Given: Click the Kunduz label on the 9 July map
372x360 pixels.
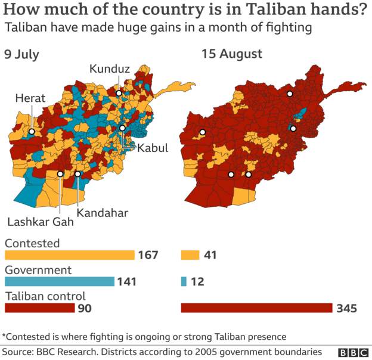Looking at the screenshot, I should coord(110,70).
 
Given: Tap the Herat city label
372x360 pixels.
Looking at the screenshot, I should coord(30,98).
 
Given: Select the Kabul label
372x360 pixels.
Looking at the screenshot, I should coord(153,148).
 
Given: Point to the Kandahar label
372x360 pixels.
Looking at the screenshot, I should coord(103,212).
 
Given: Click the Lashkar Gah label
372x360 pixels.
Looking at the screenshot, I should coord(41,222).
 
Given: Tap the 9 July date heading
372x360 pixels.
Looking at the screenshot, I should coord(22,54).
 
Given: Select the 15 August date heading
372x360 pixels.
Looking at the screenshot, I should coord(232,54).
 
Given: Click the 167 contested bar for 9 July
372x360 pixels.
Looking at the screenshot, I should coord(69,255).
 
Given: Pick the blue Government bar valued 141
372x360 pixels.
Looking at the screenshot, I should coord(59,281).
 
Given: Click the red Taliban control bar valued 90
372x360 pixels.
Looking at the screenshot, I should coord(39,308).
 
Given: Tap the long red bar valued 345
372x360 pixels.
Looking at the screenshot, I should coord(256,308).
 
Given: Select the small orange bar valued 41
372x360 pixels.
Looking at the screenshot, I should coord(189,255).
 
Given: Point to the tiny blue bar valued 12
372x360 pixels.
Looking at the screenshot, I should coord(184,281).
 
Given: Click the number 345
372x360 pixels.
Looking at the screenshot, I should coord(346,308).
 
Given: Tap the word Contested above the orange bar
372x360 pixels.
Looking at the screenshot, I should coord(32,243).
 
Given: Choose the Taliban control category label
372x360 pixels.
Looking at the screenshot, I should coord(45,296).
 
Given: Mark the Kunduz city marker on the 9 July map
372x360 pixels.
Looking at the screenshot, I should coord(119,94).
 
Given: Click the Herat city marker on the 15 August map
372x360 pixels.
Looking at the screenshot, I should coord(203,132).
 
